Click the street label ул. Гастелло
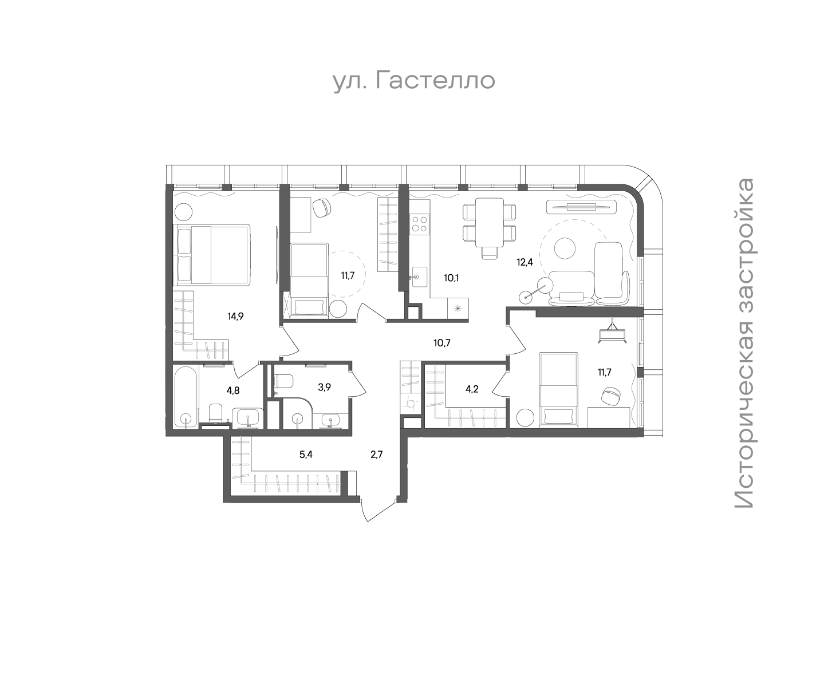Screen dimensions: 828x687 pyautogui.click(x=414, y=81)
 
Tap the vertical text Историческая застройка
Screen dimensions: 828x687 pyautogui.click(x=744, y=343)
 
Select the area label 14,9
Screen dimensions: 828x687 pyautogui.click(x=235, y=316)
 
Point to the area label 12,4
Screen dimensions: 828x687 pyautogui.click(x=525, y=262)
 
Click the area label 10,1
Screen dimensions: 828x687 pyautogui.click(x=451, y=278)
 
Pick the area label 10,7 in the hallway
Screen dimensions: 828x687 pyautogui.click(x=441, y=343)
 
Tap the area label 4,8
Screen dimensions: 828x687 pyautogui.click(x=233, y=390)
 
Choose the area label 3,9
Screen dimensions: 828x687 pyautogui.click(x=324, y=388)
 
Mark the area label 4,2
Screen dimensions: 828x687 pyautogui.click(x=472, y=389)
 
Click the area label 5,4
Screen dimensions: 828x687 pyautogui.click(x=306, y=455)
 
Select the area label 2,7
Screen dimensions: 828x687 pyautogui.click(x=377, y=455)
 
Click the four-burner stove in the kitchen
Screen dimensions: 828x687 pyautogui.click(x=420, y=224)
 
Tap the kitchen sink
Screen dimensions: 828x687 pyautogui.click(x=419, y=277)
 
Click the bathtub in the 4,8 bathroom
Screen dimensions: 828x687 pyautogui.click(x=186, y=397)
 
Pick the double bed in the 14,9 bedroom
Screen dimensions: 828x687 pyautogui.click(x=212, y=255)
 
